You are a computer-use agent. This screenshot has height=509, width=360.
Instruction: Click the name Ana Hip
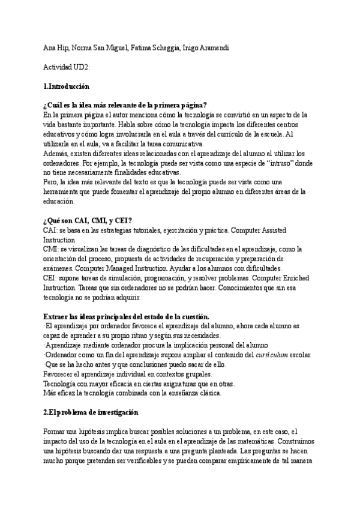[57, 48]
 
